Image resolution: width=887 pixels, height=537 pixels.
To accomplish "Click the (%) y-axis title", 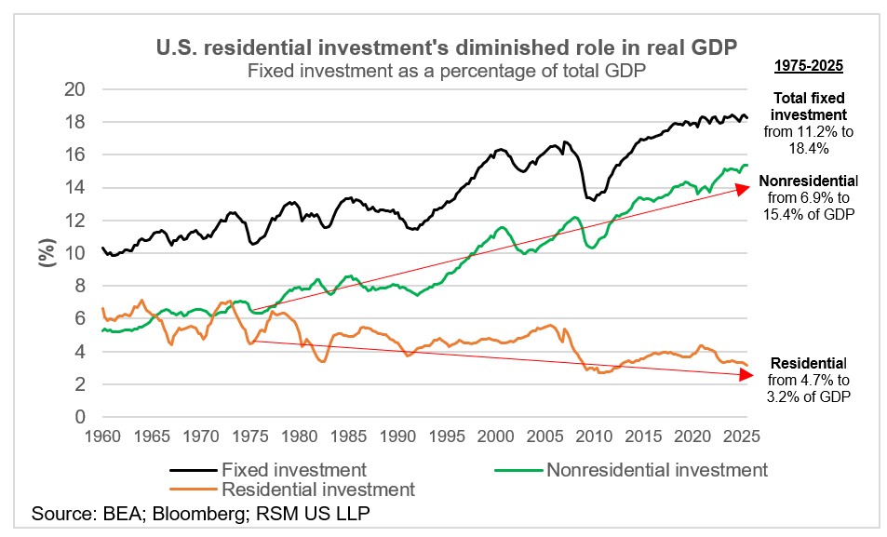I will (x=46, y=253).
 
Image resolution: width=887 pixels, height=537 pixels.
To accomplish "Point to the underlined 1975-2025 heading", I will (x=809, y=67).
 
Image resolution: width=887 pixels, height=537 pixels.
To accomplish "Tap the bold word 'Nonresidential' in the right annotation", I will (x=809, y=181).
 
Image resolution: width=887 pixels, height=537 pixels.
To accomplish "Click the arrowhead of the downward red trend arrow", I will (x=744, y=375).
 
